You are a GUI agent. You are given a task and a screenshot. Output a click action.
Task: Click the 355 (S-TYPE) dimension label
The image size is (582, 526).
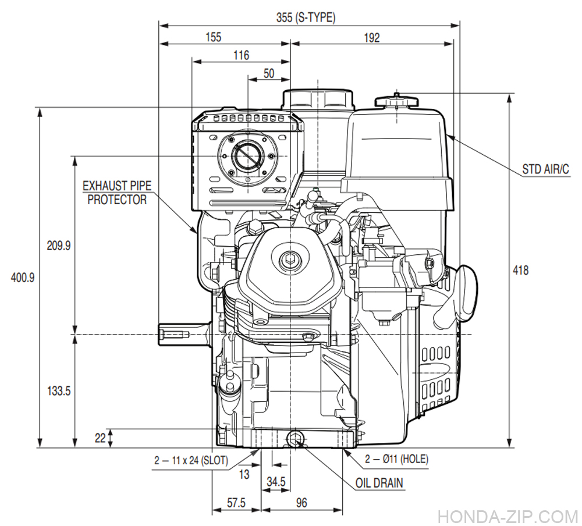pos(306,17)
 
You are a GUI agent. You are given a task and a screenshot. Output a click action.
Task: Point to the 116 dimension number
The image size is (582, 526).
pos(240,55)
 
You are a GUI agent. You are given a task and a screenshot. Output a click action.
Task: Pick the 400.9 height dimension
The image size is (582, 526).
pos(23,278)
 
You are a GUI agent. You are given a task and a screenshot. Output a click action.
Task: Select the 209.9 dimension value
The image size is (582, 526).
pos(58,246)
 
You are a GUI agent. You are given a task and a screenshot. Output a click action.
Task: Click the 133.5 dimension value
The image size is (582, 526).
pos(58,391)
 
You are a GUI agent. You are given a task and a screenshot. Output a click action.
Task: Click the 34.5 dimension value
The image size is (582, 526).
pos(275,482)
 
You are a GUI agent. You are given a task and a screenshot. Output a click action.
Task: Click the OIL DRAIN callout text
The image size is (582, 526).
pos(379,483)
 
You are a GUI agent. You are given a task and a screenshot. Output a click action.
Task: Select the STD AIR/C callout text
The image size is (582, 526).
pos(545,170)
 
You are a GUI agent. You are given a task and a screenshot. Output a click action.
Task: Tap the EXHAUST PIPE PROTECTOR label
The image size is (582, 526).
pos(116,193)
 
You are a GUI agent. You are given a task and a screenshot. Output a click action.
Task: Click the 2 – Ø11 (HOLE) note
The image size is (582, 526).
pos(396,459)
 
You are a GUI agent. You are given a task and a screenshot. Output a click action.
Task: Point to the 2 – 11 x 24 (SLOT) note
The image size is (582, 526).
pos(191,460)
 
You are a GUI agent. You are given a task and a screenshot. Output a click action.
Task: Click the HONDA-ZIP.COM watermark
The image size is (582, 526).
pos(506,516)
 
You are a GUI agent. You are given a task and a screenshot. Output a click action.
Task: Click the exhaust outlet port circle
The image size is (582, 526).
pos(247,155)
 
